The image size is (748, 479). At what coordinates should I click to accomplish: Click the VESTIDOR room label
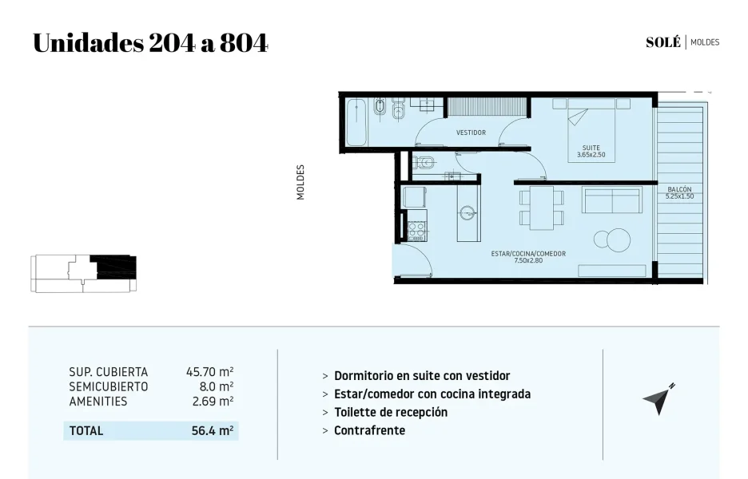(x=471, y=133)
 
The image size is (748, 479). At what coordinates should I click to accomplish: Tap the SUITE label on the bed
(x=591, y=148)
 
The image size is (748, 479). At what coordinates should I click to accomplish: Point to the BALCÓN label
(x=679, y=189)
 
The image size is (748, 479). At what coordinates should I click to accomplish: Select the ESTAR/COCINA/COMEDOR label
(x=528, y=254)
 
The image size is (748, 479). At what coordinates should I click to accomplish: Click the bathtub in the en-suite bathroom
(x=356, y=122)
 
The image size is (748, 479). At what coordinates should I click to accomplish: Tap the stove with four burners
(x=417, y=232)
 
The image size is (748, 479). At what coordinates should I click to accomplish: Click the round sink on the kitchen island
(x=467, y=212)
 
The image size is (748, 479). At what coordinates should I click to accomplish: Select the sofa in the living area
(x=611, y=200)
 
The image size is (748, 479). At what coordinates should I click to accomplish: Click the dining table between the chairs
(x=542, y=208)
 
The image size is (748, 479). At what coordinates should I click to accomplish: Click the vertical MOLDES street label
(x=300, y=182)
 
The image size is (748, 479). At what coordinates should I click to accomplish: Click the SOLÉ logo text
(x=663, y=42)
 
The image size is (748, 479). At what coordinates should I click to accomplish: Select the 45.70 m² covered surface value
(x=210, y=372)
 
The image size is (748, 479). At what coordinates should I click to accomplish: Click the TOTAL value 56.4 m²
(x=213, y=431)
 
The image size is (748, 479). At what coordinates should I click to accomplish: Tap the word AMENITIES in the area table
(x=98, y=402)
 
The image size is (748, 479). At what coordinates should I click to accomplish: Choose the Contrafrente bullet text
(x=370, y=430)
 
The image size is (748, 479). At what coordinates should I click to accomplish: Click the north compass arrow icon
(x=658, y=399)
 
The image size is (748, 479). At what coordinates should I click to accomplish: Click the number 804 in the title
(x=243, y=43)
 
